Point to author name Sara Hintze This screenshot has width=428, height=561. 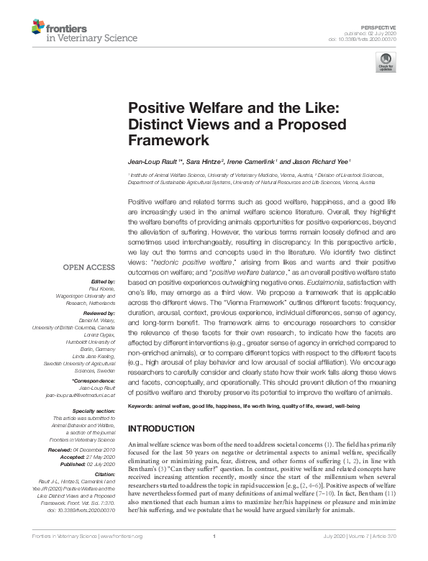pyautogui.click(x=205, y=161)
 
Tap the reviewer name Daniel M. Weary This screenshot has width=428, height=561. pyautogui.click(x=100, y=319)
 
